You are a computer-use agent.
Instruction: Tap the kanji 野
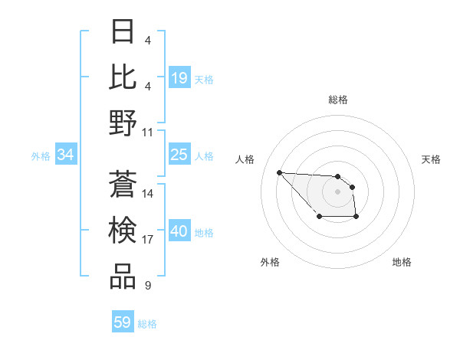[x=123, y=123]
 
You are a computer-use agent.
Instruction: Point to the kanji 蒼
[x=123, y=185]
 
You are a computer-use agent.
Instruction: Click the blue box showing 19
[x=179, y=78]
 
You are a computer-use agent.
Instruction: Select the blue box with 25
[x=179, y=155]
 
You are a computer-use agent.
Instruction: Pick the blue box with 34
[x=66, y=155]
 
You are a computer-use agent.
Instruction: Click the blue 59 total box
[x=123, y=322]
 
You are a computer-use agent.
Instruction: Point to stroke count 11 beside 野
[x=148, y=133]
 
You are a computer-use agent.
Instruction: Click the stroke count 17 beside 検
[x=148, y=240]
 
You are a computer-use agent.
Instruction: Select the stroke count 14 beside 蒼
[x=148, y=194]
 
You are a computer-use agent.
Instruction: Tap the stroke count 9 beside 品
[x=147, y=286]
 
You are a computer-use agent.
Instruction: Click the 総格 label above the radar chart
[x=338, y=100]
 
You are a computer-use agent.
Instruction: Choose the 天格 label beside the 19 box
[x=204, y=79]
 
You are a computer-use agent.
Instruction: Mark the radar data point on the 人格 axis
[x=279, y=172]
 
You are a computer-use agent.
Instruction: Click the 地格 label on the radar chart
[x=402, y=262]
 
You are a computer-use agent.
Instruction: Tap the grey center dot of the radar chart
[x=338, y=191]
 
